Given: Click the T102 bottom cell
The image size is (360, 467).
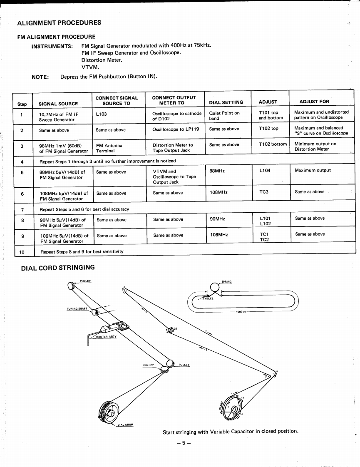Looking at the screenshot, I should tap(273, 144).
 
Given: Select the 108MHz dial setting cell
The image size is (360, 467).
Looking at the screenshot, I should tap(218, 193).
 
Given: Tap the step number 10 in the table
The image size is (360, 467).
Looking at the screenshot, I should tap(22, 251).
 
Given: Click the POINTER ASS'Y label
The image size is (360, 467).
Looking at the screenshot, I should tap(106, 337).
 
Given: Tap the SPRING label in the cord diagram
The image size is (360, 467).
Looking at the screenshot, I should tap(227, 281).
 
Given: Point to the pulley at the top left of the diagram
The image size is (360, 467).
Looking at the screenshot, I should tap(71, 286).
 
